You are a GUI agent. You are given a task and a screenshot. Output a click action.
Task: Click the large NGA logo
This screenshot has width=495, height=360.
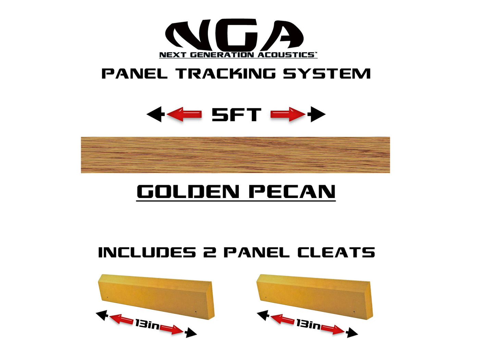234,35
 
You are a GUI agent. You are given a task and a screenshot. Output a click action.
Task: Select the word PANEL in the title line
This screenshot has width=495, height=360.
134,74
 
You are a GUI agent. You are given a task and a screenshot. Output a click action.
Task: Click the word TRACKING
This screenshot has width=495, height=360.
226,74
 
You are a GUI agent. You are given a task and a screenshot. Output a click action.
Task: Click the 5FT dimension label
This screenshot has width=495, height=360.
236,114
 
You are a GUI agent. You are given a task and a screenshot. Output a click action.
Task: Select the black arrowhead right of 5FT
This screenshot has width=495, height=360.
317,114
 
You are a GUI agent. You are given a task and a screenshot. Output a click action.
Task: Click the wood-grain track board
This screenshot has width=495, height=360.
235,155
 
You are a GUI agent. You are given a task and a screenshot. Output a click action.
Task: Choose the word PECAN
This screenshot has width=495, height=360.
292,191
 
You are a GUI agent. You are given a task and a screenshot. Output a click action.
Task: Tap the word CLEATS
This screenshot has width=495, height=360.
336,253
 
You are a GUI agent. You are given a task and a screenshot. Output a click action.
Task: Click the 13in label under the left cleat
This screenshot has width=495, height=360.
147,324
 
